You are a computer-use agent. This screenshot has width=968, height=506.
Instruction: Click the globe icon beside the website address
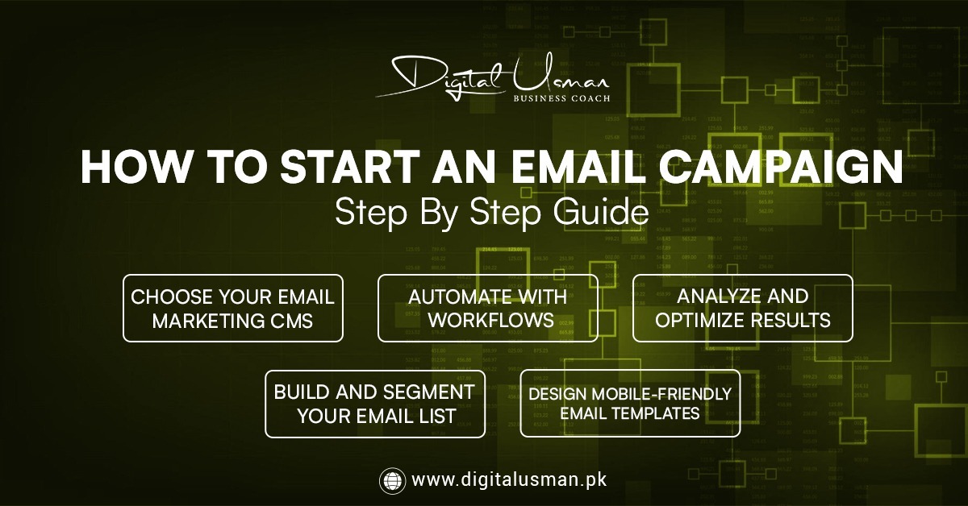(392, 480)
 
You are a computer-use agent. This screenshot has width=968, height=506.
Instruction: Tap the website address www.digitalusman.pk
(509, 480)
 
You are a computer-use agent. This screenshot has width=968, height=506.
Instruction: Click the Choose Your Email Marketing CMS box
(233, 308)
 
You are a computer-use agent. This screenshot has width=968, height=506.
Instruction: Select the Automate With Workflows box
(488, 308)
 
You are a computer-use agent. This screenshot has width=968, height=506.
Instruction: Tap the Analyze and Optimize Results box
(742, 308)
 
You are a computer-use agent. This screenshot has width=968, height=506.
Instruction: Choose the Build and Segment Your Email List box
(375, 404)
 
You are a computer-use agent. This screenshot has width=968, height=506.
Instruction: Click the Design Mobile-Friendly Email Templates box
(630, 404)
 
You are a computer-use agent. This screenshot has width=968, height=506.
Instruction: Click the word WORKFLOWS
(490, 320)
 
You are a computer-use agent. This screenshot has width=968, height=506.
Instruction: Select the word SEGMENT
(428, 392)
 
